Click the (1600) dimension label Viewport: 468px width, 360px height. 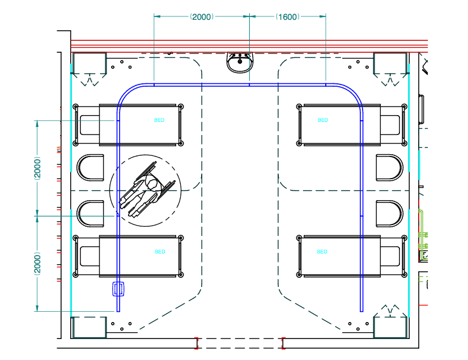(287, 17)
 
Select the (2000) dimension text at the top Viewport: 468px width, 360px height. (202, 17)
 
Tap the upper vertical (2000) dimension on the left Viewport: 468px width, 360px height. (37, 168)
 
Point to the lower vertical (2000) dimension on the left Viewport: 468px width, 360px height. (37, 263)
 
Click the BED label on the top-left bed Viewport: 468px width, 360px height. (159, 120)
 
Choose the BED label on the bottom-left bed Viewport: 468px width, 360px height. (160, 252)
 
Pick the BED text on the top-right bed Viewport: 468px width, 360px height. (322, 120)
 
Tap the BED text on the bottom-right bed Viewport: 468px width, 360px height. (322, 252)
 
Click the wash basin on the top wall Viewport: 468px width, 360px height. (240, 62)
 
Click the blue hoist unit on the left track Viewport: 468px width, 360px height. (118, 289)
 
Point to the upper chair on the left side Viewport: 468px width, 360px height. (91, 168)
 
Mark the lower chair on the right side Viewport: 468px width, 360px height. (389, 214)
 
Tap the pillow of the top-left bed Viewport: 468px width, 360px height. (90, 125)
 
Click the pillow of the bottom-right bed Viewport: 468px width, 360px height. (390, 256)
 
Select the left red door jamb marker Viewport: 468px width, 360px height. (197, 343)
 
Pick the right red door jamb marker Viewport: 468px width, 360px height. (283, 343)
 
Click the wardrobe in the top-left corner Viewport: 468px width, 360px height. (90, 63)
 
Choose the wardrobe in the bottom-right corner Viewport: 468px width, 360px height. (390, 328)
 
